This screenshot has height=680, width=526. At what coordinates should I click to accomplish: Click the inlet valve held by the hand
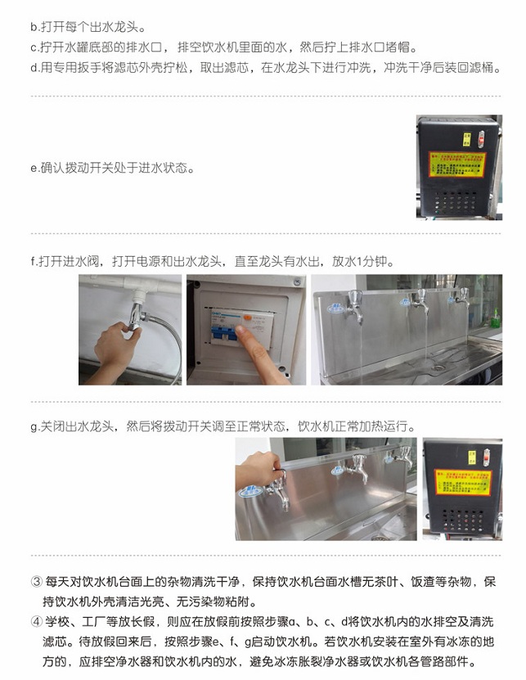coord(136,316)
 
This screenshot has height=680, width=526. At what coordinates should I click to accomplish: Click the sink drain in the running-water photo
coord(438,367)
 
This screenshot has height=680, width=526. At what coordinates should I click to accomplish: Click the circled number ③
coord(35,582)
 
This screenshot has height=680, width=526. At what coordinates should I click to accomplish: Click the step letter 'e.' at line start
coord(34,169)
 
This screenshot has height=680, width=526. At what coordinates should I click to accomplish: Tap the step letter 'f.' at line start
coord(34,262)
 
